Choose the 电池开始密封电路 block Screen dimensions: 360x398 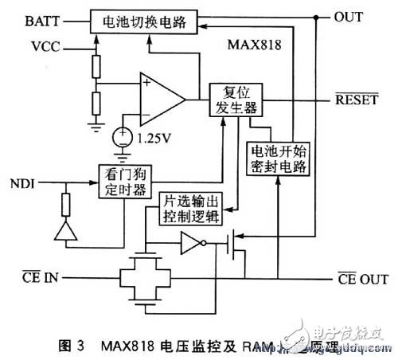pos(271,159)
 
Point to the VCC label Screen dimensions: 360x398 pos(46,47)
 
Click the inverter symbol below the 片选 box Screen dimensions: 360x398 pos(193,243)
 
